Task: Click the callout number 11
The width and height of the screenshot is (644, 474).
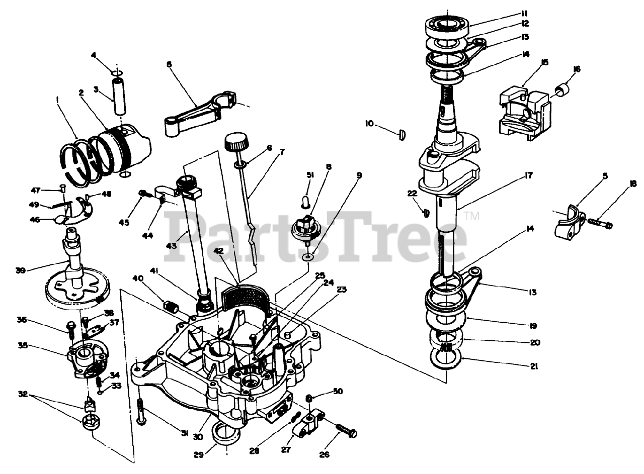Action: (x=524, y=13)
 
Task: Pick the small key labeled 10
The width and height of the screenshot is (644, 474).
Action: (x=402, y=135)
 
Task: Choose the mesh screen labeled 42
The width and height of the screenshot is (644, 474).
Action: (x=246, y=298)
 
